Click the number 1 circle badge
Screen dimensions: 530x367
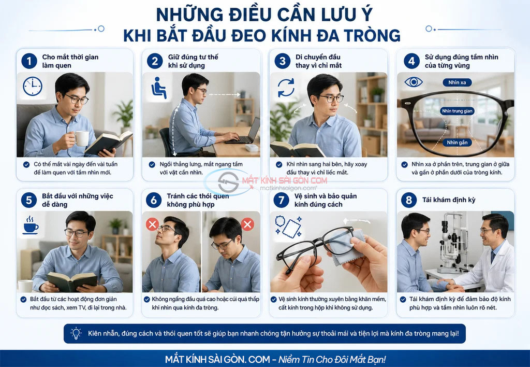tap(29, 61)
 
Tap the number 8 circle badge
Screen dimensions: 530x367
tap(409, 200)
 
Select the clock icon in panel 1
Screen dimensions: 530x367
tap(33, 87)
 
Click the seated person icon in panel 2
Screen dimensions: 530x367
tap(158, 88)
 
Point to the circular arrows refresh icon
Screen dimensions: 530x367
tap(286, 88)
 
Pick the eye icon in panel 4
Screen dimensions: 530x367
tap(414, 82)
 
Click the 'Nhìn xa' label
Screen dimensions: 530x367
tap(457, 82)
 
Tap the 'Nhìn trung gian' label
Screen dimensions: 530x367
tap(457, 111)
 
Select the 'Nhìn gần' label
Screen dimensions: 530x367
tap(457, 143)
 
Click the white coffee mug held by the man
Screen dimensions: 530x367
tap(81, 138)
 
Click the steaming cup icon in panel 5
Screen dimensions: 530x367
tap(31, 224)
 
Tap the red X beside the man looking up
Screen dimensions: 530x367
tap(153, 224)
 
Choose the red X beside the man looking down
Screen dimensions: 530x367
tap(247, 224)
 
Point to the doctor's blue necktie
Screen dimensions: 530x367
tap(493, 257)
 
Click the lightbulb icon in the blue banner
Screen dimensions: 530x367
tap(76, 333)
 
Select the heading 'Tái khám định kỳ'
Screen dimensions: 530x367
tap(449, 200)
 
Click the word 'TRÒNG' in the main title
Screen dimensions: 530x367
tap(372, 36)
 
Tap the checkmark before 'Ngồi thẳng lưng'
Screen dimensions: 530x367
tap(152, 164)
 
